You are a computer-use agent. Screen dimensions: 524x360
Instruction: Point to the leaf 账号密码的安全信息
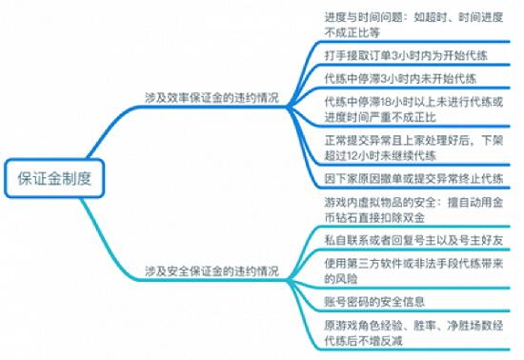[376, 302]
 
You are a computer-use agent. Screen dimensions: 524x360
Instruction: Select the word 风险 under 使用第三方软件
[338, 279]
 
